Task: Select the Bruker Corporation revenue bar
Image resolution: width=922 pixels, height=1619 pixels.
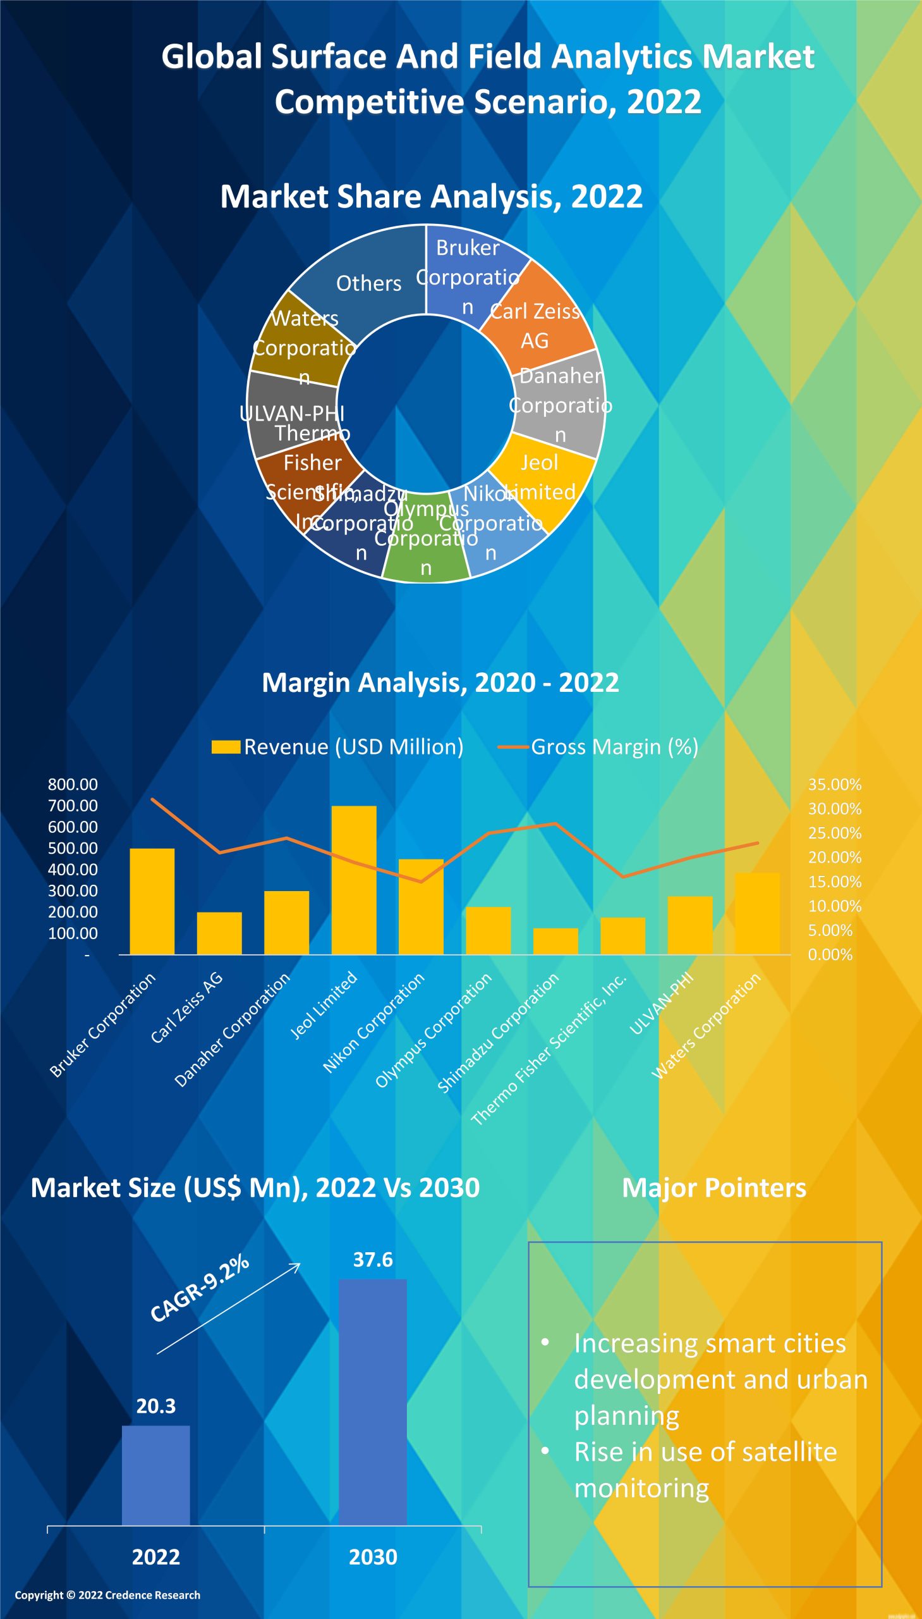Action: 152,901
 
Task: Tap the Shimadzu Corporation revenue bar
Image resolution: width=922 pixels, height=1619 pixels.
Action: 555,941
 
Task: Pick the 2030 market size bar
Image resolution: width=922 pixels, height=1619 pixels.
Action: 372,1401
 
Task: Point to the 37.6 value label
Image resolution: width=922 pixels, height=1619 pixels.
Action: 373,1259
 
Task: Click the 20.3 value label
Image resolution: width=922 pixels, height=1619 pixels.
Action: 156,1405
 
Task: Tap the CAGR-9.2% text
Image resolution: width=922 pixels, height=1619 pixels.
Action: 200,1288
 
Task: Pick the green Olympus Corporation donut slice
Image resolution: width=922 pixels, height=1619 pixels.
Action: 426,551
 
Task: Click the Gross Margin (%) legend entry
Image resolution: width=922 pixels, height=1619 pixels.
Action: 598,746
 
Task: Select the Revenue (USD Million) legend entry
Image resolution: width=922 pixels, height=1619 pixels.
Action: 338,746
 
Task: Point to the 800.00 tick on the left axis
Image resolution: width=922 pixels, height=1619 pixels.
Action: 73,784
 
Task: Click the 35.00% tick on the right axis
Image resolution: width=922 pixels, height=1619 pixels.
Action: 834,784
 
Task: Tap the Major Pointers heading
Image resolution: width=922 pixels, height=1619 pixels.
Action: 713,1188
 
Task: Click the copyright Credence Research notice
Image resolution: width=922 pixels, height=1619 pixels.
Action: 107,1595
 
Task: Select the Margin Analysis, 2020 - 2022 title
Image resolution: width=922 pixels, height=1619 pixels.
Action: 440,682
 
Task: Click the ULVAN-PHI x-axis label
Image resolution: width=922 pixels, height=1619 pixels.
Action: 661,1004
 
